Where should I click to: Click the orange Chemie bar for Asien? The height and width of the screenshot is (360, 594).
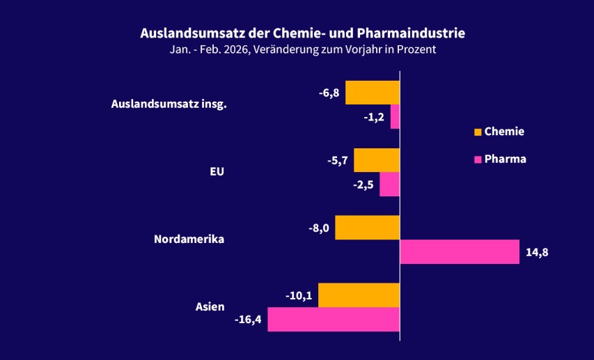click(359, 295)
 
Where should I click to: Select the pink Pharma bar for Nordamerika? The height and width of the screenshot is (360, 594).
click(460, 252)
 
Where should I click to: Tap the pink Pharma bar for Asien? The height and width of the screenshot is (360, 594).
click(334, 320)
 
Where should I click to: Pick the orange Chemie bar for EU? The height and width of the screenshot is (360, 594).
click(377, 160)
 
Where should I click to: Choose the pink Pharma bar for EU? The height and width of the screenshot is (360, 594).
click(389, 185)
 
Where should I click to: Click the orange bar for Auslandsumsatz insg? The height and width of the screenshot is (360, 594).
click(373, 93)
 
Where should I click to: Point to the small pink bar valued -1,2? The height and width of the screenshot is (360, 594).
click(395, 117)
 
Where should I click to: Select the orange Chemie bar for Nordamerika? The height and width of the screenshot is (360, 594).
click(367, 228)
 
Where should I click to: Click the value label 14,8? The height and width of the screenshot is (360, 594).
click(537, 252)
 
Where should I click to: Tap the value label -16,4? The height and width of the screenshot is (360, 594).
click(249, 320)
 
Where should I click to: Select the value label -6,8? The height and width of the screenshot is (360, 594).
click(329, 93)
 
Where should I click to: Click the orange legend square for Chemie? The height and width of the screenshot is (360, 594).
click(478, 132)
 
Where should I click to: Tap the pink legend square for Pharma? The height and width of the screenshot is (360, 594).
click(478, 159)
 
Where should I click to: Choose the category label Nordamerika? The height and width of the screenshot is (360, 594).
click(189, 240)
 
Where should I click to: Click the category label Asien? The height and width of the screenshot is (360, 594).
click(210, 307)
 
